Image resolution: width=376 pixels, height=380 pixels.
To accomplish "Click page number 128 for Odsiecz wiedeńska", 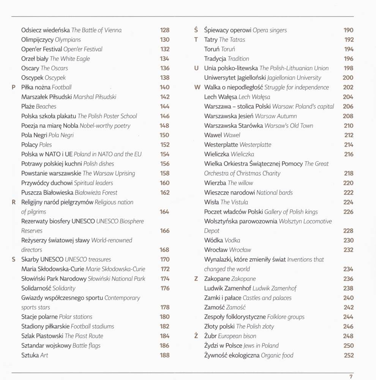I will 164,30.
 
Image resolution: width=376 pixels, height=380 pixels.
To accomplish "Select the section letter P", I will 14,87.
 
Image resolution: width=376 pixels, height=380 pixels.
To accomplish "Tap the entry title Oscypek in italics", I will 56,78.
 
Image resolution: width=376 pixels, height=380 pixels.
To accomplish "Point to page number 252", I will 348,355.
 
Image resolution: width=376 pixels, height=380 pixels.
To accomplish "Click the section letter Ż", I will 196,336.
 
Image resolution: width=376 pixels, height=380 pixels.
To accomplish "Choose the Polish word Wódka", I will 213,241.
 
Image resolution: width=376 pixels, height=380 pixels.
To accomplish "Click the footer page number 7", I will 351,377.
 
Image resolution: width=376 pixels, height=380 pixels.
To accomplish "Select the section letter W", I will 197,87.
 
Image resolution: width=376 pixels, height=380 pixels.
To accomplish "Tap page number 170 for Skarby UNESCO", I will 164,260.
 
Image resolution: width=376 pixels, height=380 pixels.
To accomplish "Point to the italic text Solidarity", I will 64,288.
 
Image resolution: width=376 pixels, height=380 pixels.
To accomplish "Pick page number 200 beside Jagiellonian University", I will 348,78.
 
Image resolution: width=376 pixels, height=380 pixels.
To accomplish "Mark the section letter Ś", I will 196,30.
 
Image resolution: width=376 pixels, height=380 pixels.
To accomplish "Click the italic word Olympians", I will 68,40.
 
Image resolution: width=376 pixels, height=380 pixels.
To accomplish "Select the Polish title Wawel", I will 213,135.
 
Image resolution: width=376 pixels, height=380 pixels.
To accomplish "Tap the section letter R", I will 14,202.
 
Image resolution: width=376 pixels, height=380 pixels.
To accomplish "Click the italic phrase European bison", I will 237,336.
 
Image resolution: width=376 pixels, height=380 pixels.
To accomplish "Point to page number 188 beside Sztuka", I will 164,355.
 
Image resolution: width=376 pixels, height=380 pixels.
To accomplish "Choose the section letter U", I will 196,68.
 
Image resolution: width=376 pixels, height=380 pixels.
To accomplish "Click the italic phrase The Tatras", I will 232,40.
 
